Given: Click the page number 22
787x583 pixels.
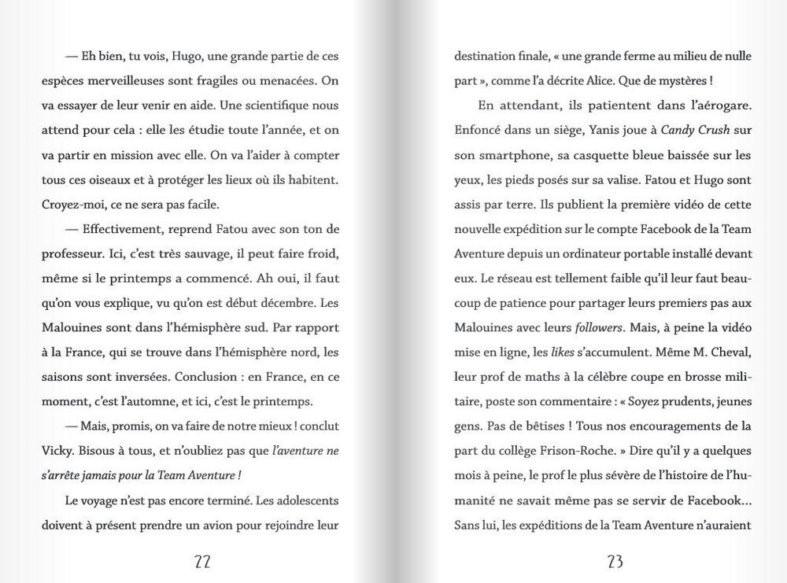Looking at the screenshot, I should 202,561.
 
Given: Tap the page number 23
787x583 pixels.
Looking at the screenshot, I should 615,561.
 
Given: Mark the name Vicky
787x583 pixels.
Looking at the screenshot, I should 57,451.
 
